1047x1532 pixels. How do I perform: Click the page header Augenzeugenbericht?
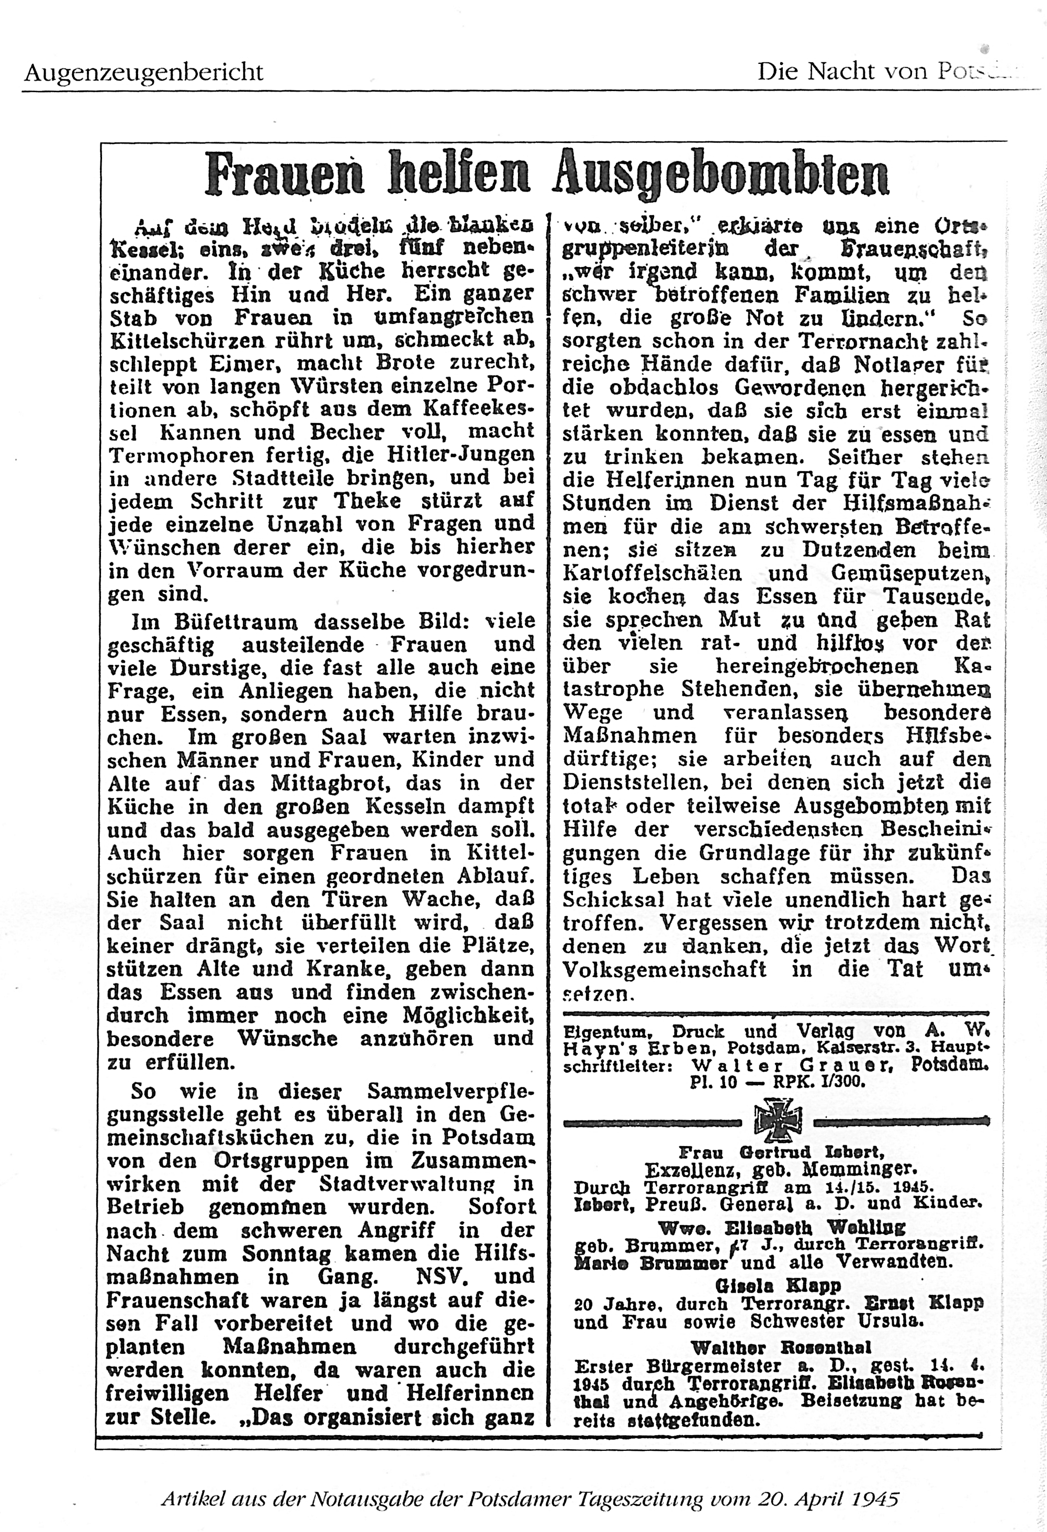pyautogui.click(x=144, y=71)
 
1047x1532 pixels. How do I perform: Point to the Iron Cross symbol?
pyautogui.click(x=778, y=1119)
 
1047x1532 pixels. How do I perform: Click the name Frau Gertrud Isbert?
pyautogui.click(x=781, y=1152)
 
